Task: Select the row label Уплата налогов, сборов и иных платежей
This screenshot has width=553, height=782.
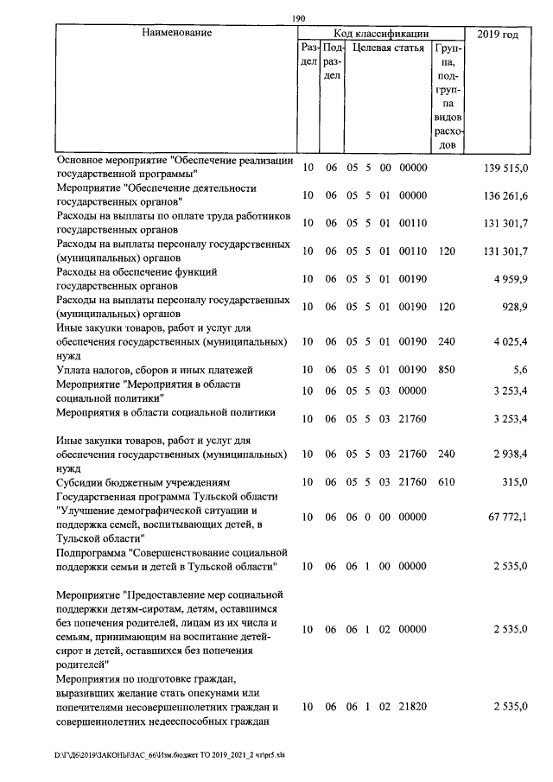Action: click(161, 370)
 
